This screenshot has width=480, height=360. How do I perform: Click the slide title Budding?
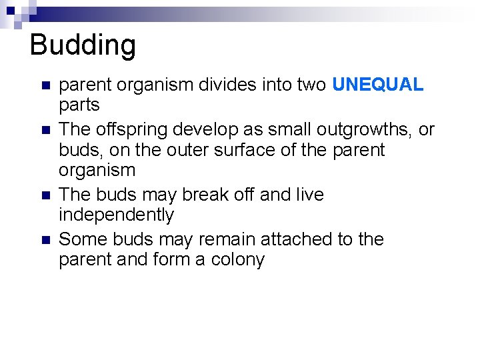83,45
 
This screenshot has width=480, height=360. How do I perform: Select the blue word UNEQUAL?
377,85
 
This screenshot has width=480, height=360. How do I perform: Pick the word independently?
116,215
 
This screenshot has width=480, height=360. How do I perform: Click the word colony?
238,259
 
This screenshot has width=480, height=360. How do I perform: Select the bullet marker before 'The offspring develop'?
45,130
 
